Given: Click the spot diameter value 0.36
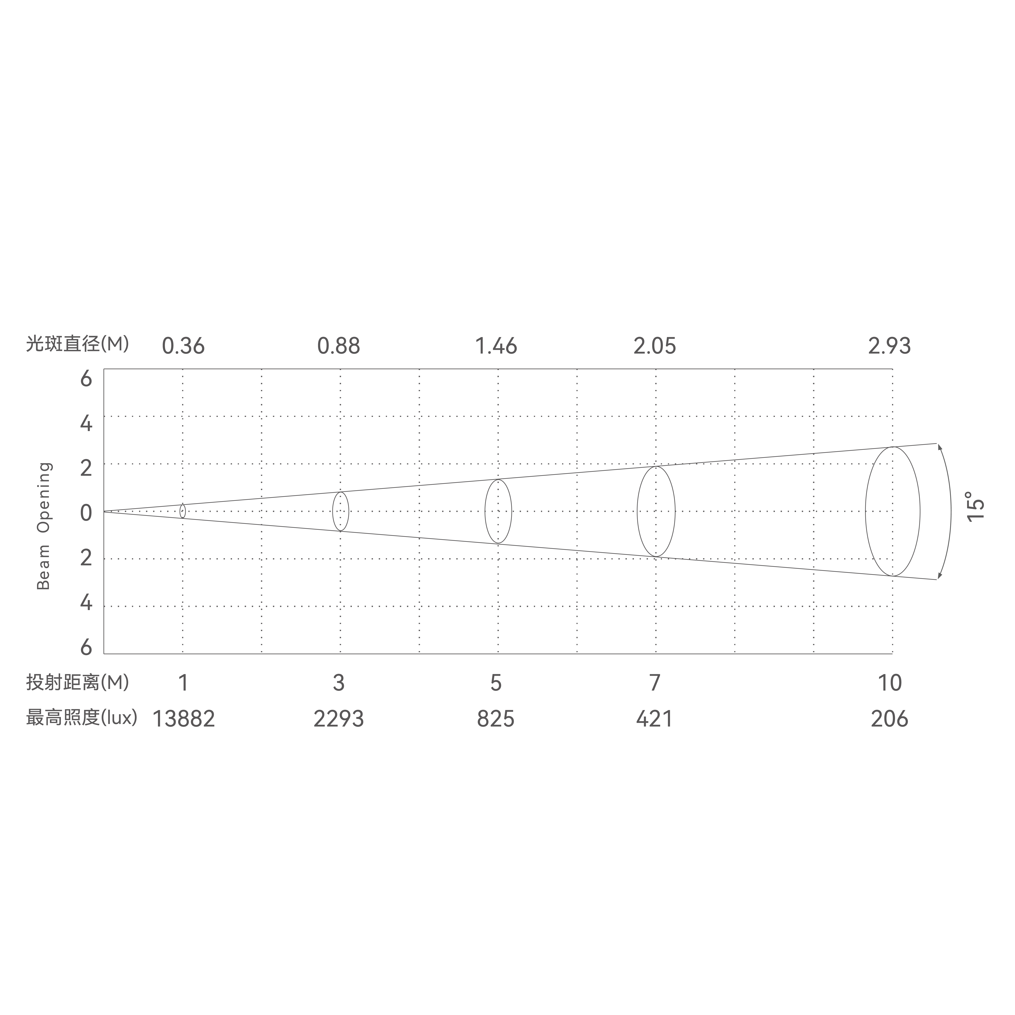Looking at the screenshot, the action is click(x=183, y=346).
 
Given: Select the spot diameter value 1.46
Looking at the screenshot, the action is click(x=496, y=346).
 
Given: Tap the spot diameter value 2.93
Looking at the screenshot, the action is click(x=889, y=346).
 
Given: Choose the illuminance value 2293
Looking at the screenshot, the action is click(x=339, y=719).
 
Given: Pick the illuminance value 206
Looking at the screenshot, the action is click(x=889, y=719).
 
